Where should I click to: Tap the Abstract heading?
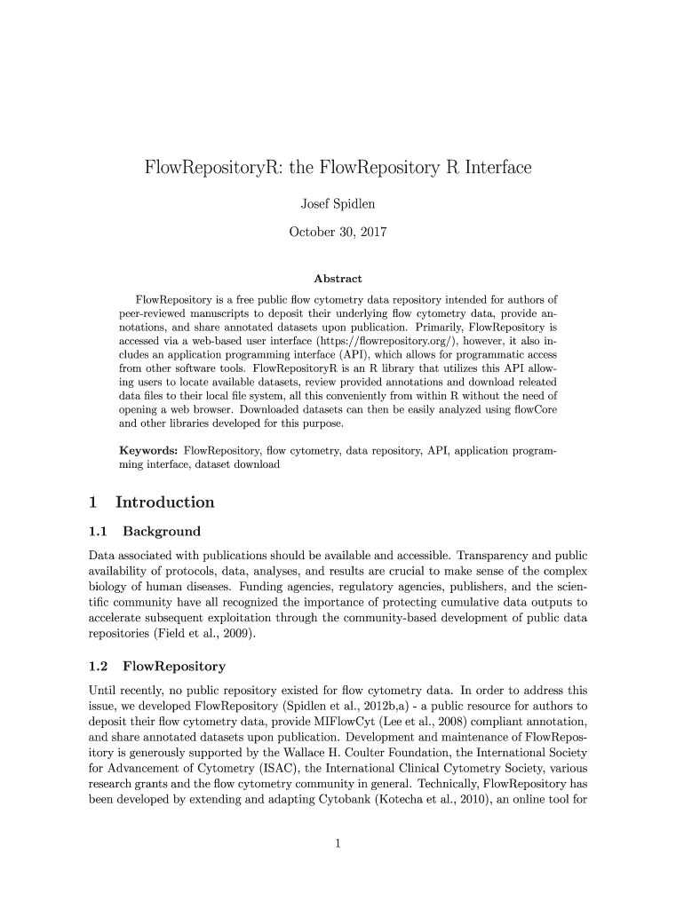tap(338, 279)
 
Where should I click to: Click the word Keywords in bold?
tap(148, 451)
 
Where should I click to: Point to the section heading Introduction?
tap(164, 502)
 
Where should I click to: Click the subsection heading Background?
tap(162, 532)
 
